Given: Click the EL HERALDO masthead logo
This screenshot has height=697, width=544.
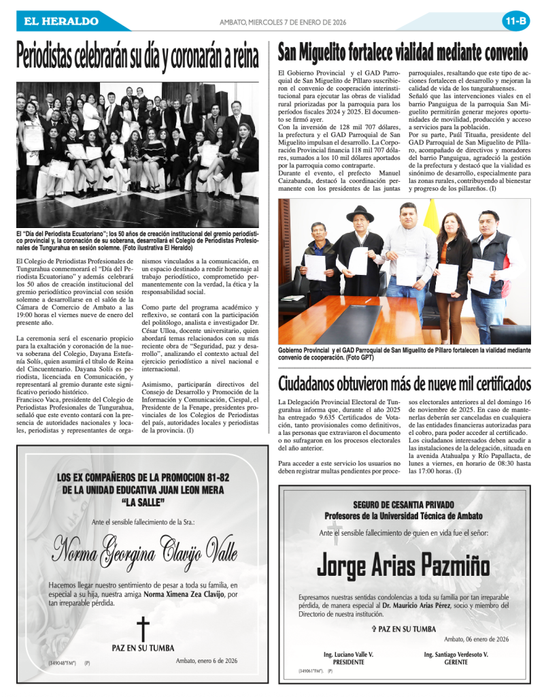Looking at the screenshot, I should [61, 21].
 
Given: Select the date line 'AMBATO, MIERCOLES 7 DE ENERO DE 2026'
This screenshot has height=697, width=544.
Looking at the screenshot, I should [283, 22].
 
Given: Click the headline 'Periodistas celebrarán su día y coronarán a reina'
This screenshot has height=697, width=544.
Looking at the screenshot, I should [138, 56].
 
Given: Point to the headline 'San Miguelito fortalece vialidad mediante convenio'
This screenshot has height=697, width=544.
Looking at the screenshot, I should [403, 52].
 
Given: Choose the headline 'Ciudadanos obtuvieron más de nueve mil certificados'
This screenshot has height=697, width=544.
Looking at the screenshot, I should [405, 383].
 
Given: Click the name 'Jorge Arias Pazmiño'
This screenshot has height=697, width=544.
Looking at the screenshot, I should [403, 565].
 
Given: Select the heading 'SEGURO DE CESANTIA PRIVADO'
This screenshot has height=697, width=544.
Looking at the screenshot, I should [403, 504].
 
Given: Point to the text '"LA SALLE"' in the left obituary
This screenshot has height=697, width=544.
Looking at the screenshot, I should [143, 502].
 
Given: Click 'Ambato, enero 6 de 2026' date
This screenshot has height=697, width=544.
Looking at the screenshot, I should [206, 660].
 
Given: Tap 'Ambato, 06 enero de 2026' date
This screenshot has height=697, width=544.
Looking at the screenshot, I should [476, 639].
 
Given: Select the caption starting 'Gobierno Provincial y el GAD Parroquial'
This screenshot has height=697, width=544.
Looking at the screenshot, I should [404, 353].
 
